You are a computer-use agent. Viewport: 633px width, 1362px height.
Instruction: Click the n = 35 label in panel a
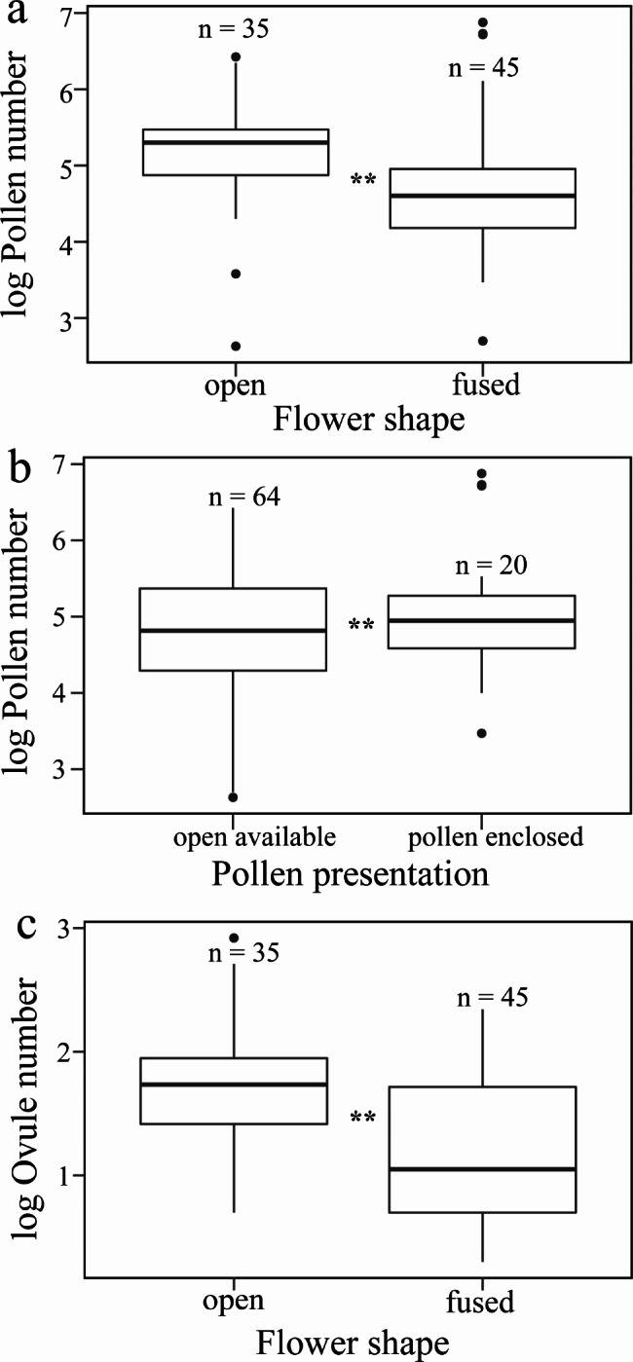[233, 29]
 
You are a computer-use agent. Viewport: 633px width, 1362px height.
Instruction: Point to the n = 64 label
[245, 498]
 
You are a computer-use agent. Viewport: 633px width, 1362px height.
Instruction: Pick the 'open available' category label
[255, 836]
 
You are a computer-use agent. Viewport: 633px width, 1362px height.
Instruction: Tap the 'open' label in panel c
[234, 1303]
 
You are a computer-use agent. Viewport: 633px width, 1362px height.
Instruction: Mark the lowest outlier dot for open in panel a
[235, 347]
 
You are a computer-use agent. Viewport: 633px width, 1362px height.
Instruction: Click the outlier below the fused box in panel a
[482, 341]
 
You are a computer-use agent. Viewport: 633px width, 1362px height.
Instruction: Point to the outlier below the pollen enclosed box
[482, 733]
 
